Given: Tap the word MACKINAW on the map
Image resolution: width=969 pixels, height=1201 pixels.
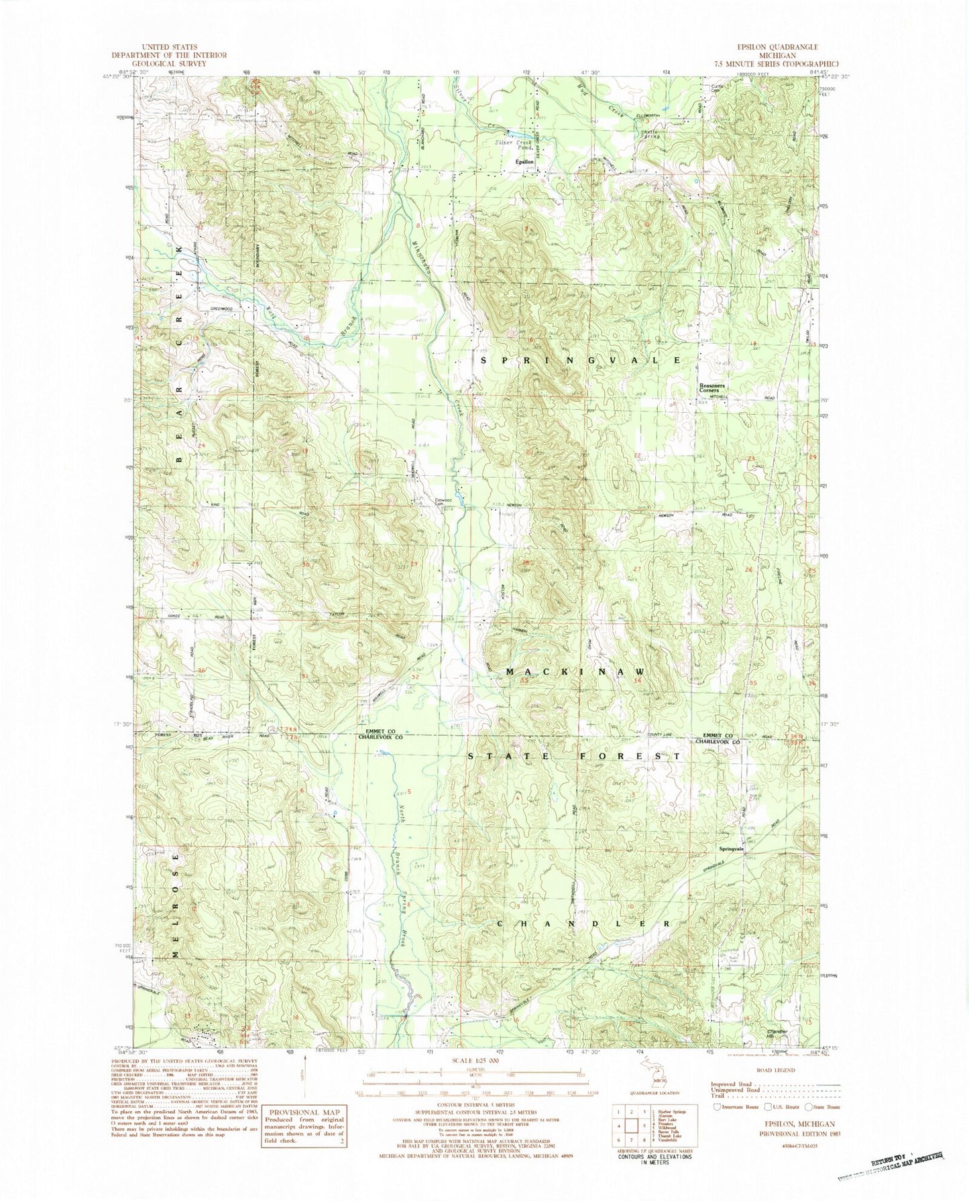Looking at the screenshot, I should tap(575, 672).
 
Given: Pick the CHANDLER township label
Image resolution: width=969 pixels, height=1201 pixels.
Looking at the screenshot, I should tap(583, 924).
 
